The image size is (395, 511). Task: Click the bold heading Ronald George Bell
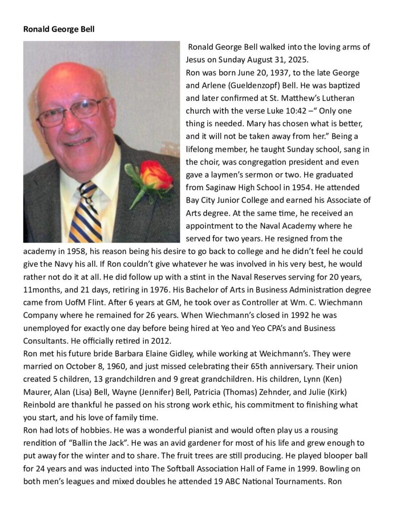[59, 29]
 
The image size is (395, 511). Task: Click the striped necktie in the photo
[85, 212]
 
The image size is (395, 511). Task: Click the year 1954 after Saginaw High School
[296, 188]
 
